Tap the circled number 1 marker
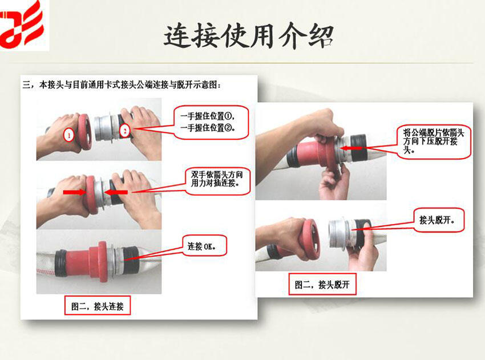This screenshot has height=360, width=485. click(68, 135)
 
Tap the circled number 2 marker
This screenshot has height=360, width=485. click(124, 131)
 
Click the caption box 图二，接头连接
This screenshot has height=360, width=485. click(98, 306)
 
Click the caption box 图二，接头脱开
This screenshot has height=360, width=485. click(322, 284)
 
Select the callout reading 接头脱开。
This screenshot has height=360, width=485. click(439, 220)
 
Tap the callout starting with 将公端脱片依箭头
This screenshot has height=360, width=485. click(434, 141)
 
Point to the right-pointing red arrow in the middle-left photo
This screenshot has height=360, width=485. click(75, 192)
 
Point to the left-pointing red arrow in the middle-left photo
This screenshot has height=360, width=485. click(115, 192)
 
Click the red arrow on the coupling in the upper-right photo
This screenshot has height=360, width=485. click(351, 148)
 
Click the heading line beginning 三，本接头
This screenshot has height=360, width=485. click(122, 85)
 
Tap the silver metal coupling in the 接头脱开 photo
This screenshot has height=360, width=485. click(339, 234)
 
